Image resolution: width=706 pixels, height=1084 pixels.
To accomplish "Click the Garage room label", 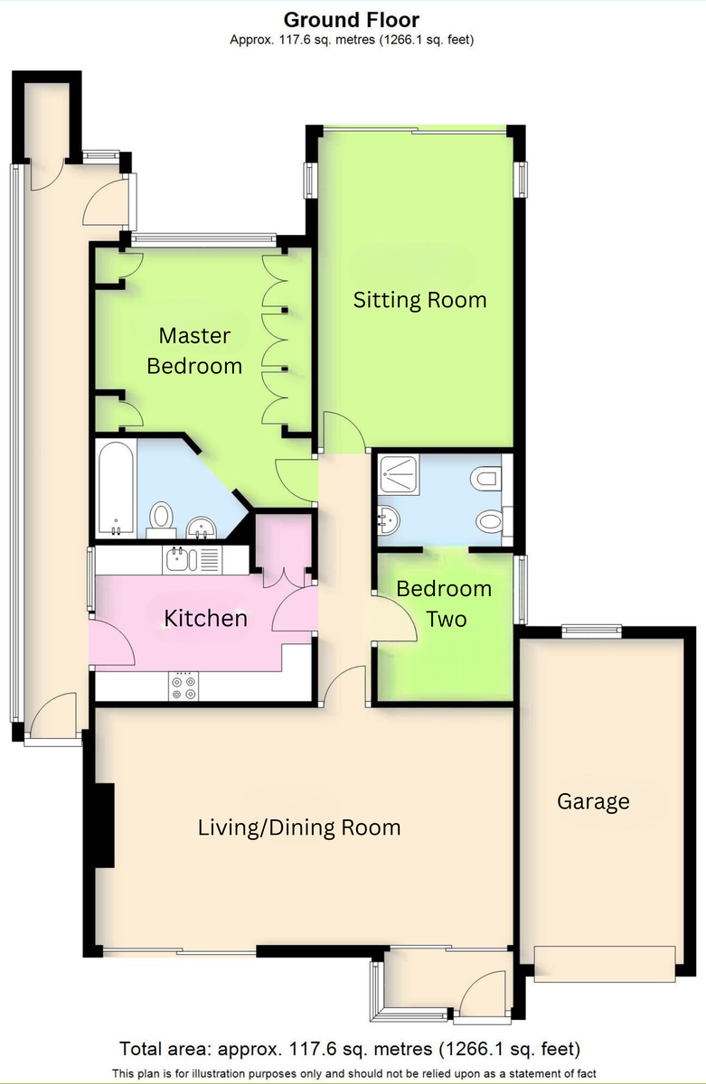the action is pyautogui.click(x=593, y=802).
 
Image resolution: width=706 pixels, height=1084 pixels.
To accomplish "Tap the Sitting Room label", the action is pyautogui.click(x=419, y=301).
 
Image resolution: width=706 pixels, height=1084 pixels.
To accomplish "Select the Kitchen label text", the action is pyautogui.click(x=206, y=619).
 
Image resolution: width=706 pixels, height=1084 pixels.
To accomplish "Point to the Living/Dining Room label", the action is pyautogui.click(x=299, y=827).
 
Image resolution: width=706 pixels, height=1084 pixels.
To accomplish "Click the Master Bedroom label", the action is pyautogui.click(x=194, y=350).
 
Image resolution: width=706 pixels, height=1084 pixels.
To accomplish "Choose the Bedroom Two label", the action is pyautogui.click(x=444, y=604).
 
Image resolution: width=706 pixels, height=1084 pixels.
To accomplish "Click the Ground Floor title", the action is pyautogui.click(x=352, y=20).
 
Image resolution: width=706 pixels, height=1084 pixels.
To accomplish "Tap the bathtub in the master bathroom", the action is pyautogui.click(x=117, y=489).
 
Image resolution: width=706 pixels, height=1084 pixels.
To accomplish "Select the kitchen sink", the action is pyautogui.click(x=181, y=560).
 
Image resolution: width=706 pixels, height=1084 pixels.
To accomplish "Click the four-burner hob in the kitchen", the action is pyautogui.click(x=184, y=687).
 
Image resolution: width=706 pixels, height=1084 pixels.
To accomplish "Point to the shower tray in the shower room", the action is pyautogui.click(x=399, y=475).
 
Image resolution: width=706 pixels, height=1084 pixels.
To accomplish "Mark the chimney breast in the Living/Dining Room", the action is pyautogui.click(x=105, y=826).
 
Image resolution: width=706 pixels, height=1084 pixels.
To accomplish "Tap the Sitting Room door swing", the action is pyautogui.click(x=344, y=432).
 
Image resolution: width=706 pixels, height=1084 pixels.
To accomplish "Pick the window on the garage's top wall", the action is pyautogui.click(x=592, y=630).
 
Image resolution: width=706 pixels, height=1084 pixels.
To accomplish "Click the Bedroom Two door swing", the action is pyautogui.click(x=394, y=619).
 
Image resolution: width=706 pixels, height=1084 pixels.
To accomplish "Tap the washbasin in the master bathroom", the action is pyautogui.click(x=201, y=528).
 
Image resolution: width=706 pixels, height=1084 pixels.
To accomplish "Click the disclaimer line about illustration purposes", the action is pyautogui.click(x=354, y=1073).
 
